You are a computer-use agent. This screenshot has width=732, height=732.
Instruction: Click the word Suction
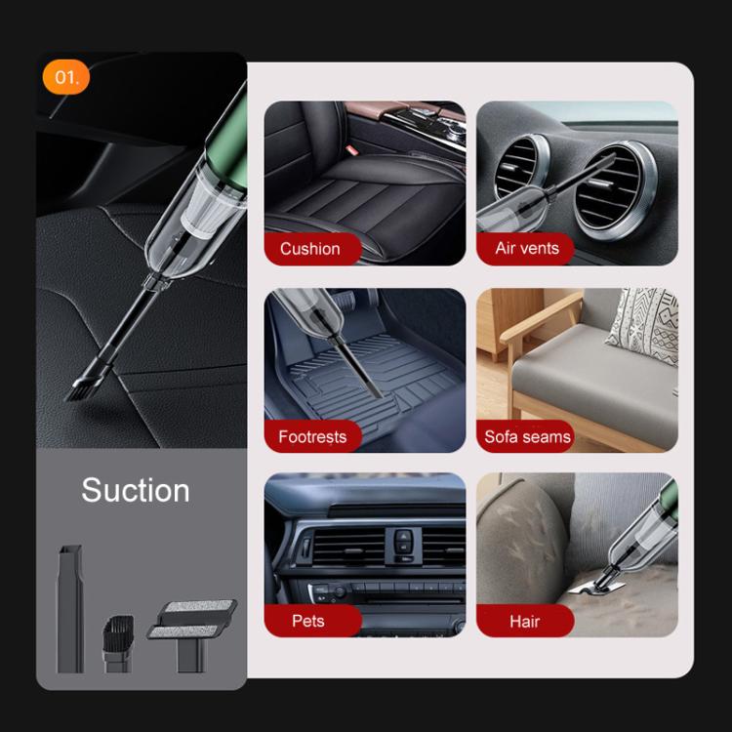(136, 490)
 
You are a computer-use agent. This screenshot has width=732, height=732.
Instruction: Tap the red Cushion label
(310, 248)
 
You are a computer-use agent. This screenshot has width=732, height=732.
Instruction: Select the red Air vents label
(527, 248)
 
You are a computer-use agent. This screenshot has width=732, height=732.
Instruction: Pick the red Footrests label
(312, 436)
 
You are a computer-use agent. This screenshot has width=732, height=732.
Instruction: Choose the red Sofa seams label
(528, 436)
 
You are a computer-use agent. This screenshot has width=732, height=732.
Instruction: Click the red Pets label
(308, 621)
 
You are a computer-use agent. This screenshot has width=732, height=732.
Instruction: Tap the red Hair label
(524, 621)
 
